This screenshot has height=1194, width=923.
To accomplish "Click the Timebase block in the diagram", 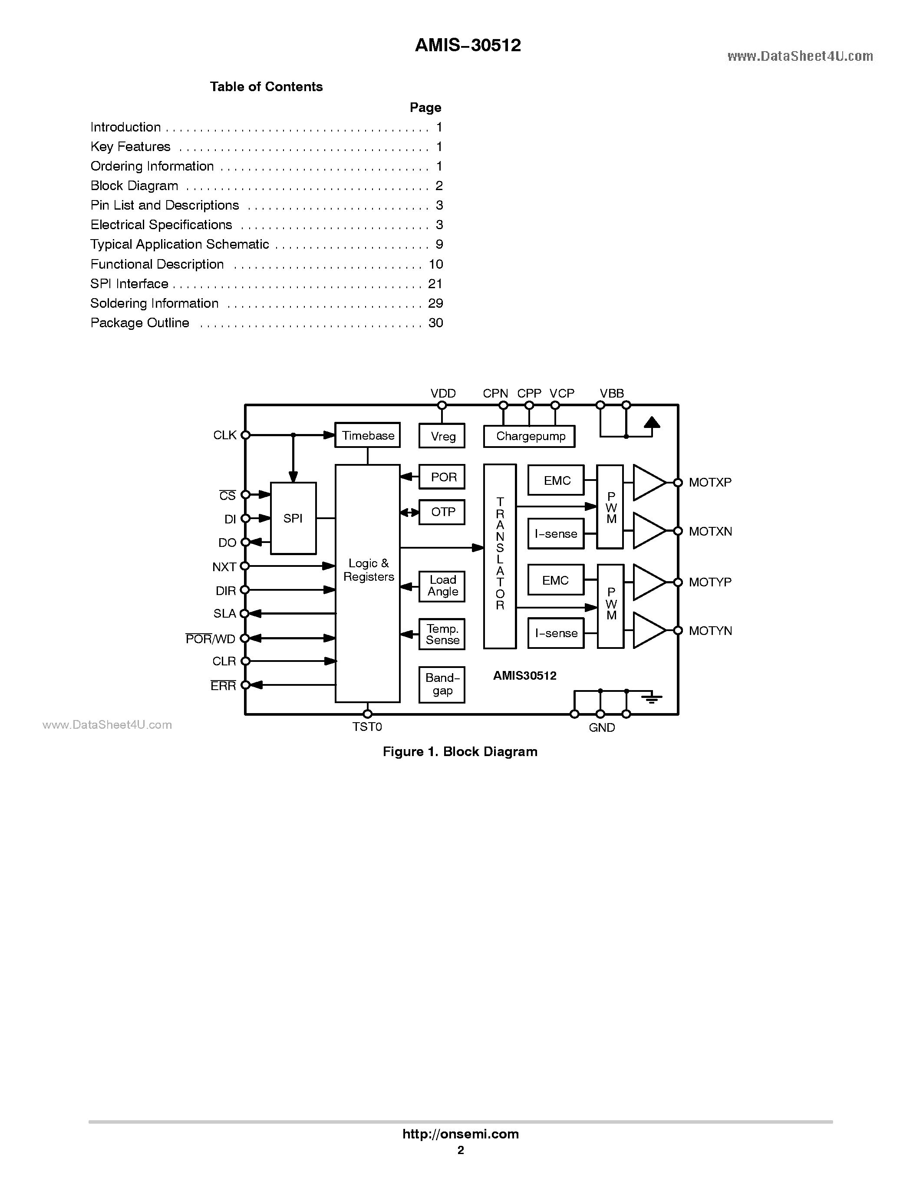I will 367,435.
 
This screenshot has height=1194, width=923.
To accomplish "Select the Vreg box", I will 442,436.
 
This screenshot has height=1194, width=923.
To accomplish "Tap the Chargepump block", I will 529,436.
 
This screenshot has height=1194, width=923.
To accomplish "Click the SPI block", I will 293,518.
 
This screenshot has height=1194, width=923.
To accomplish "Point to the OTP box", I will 442,512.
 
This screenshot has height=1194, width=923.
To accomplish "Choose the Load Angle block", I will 442,586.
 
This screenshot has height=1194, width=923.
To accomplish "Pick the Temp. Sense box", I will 442,634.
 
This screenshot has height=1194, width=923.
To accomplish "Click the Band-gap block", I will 442,684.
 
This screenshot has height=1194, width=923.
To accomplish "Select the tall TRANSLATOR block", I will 500,556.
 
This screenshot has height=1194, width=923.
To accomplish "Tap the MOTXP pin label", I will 710,482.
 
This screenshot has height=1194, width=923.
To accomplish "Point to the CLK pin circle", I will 246,435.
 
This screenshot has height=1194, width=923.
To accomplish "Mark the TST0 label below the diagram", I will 367,727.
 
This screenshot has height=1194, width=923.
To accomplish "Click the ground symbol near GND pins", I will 651,697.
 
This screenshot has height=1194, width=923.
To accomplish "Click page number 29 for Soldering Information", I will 435,303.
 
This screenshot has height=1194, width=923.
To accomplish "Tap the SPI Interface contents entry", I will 129,284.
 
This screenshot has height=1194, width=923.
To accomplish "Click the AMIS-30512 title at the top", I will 468,46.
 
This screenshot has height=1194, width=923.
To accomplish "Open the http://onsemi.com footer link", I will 460,1134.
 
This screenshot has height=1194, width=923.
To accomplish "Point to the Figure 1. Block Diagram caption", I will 460,752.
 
